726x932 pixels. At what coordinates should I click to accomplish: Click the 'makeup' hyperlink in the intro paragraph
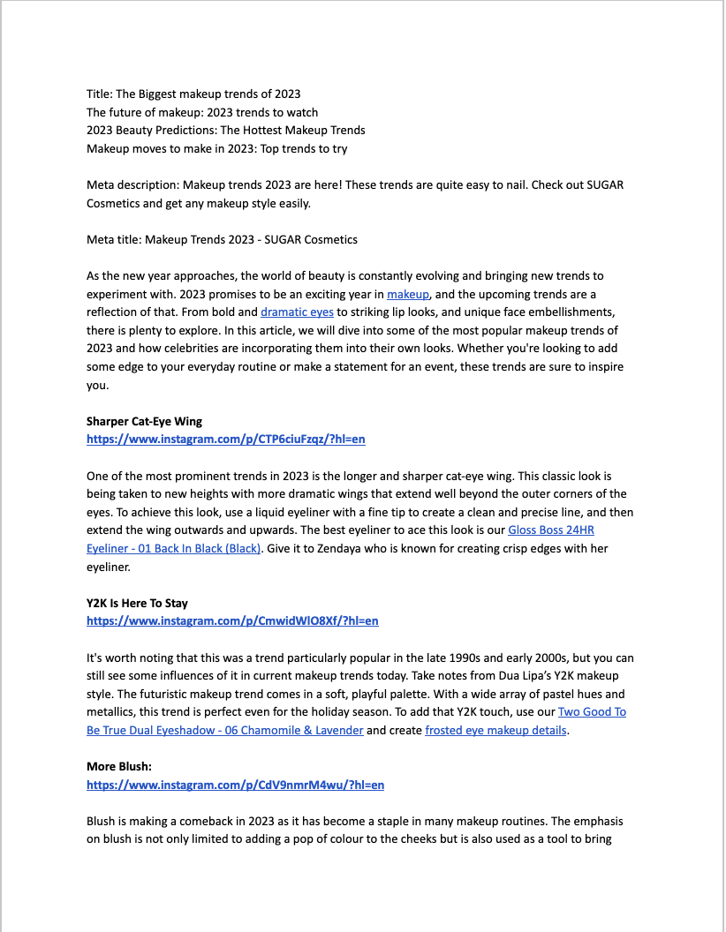[407, 294]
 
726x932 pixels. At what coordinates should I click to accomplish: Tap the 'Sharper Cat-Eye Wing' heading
[144, 421]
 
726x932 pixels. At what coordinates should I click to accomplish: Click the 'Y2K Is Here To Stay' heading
[137, 603]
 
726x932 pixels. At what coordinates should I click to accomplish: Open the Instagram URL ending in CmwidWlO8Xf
[232, 620]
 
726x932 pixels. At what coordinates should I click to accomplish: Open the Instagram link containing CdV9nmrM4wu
[235, 785]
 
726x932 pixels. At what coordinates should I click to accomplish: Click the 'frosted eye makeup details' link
[495, 730]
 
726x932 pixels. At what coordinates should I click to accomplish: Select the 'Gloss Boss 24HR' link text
[556, 530]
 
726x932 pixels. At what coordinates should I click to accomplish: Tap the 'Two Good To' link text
[592, 711]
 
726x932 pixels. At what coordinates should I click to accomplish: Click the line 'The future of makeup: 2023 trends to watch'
[202, 112]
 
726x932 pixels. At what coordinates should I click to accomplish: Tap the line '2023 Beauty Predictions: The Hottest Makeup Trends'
[225, 130]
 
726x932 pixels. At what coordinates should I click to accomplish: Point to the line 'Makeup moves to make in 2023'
[216, 148]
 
